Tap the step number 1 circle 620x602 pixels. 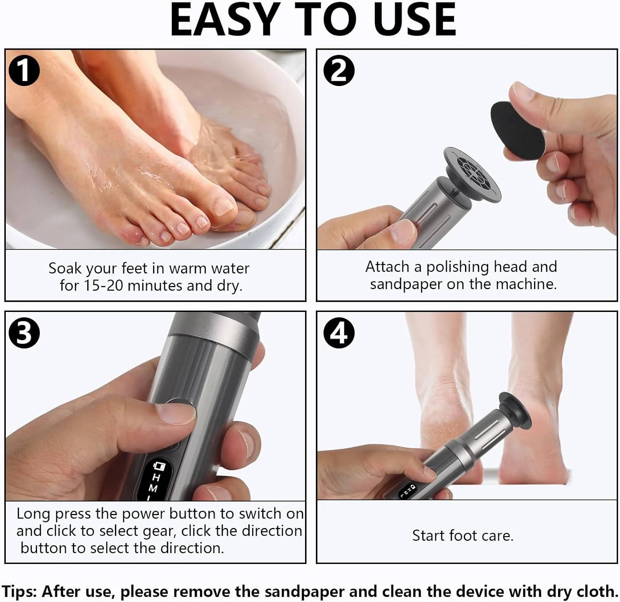tap(24, 70)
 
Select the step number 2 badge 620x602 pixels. tap(339, 70)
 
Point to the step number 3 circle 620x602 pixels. tap(24, 332)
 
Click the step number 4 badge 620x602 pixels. tap(339, 332)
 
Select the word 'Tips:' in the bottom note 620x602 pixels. tap(19, 591)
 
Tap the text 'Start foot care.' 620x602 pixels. tap(463, 535)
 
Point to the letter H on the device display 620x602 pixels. tap(156, 477)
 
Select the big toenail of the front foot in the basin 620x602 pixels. tap(224, 206)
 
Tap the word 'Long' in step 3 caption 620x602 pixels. tap(34, 514)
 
